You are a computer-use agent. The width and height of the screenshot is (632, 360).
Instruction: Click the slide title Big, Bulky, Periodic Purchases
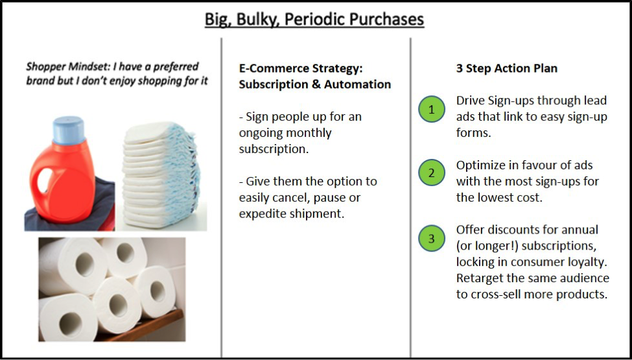tap(314, 19)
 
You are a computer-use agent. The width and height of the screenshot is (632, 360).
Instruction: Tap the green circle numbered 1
tap(431, 109)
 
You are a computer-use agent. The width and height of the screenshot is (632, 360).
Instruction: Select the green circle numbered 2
tap(431, 173)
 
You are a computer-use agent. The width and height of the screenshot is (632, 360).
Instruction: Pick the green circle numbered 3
tap(431, 238)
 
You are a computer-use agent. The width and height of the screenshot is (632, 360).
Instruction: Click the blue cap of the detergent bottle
tap(69, 130)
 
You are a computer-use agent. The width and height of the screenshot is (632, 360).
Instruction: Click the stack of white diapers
tap(161, 174)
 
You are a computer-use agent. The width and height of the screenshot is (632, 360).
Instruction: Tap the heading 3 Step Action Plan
tap(507, 69)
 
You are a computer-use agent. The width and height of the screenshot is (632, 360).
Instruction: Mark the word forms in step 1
tap(474, 133)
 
